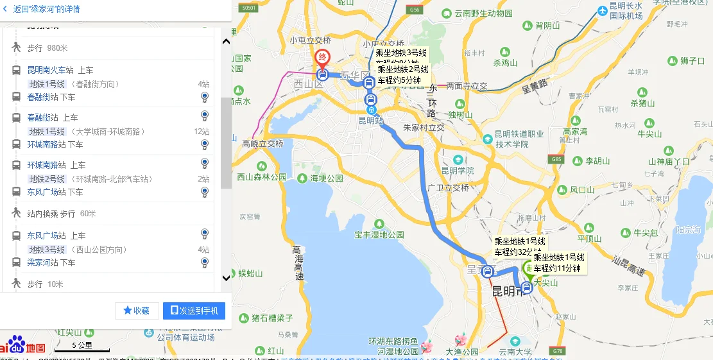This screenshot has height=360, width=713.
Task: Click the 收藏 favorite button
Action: click(137, 311)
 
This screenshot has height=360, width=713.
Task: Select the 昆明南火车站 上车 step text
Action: click(60, 70)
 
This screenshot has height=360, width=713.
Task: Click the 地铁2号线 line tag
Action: click(47, 178)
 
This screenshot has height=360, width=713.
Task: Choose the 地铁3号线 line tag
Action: click(47, 249)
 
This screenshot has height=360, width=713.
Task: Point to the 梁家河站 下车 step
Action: click(51, 262)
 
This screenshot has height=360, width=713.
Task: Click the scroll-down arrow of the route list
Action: click(226, 278)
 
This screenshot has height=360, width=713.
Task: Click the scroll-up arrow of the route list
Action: click(226, 42)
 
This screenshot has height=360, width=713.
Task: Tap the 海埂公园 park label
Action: click(327, 178)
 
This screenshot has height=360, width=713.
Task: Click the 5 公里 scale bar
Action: click(82, 347)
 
